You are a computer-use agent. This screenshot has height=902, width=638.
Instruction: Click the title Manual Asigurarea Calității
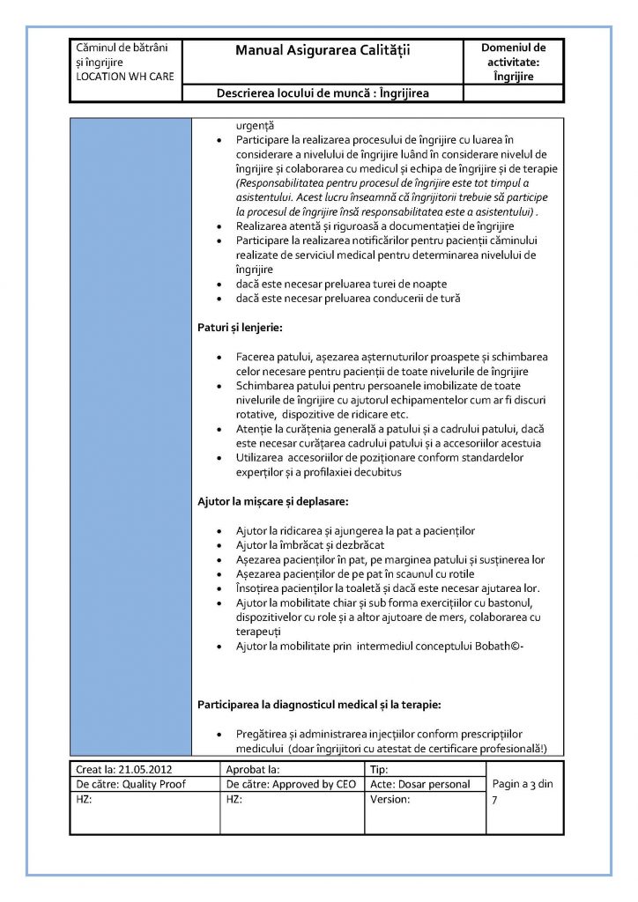coord(323,52)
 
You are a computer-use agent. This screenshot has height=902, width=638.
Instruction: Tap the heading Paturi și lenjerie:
coord(239,329)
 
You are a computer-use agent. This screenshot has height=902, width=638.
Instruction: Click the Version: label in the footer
coord(390,799)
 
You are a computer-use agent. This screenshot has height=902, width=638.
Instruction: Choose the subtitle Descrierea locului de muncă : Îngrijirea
coord(329,93)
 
